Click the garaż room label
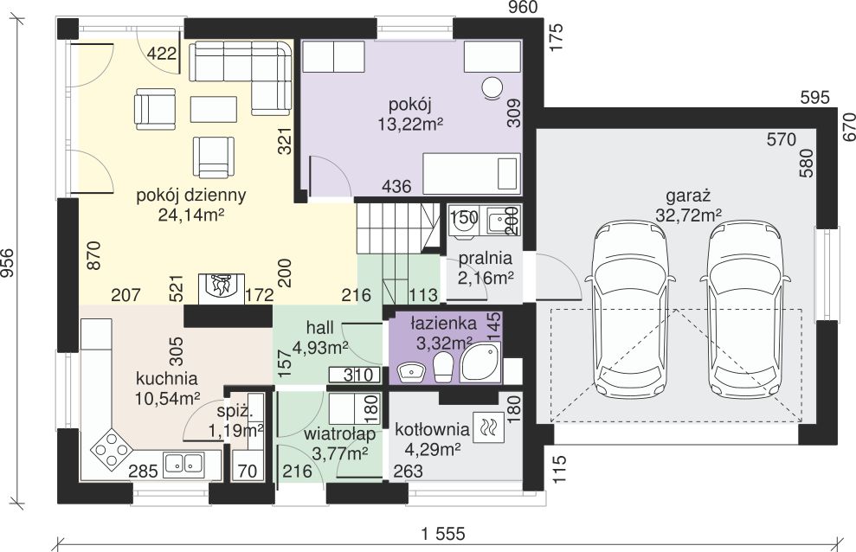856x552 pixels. click(688, 196)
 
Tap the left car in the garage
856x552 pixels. click(632, 308)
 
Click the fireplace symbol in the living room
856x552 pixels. click(221, 287)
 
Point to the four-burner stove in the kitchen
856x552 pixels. click(112, 450)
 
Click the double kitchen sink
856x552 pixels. click(184, 464)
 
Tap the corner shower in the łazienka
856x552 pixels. click(479, 363)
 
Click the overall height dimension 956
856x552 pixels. click(9, 263)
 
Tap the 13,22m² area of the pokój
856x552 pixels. click(410, 125)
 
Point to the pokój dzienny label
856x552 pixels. click(191, 196)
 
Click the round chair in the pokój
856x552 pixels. click(492, 87)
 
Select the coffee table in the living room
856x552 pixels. click(214, 109)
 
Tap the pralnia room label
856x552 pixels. click(486, 259)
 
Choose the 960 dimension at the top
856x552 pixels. click(523, 7)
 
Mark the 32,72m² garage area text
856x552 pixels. click(688, 215)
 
